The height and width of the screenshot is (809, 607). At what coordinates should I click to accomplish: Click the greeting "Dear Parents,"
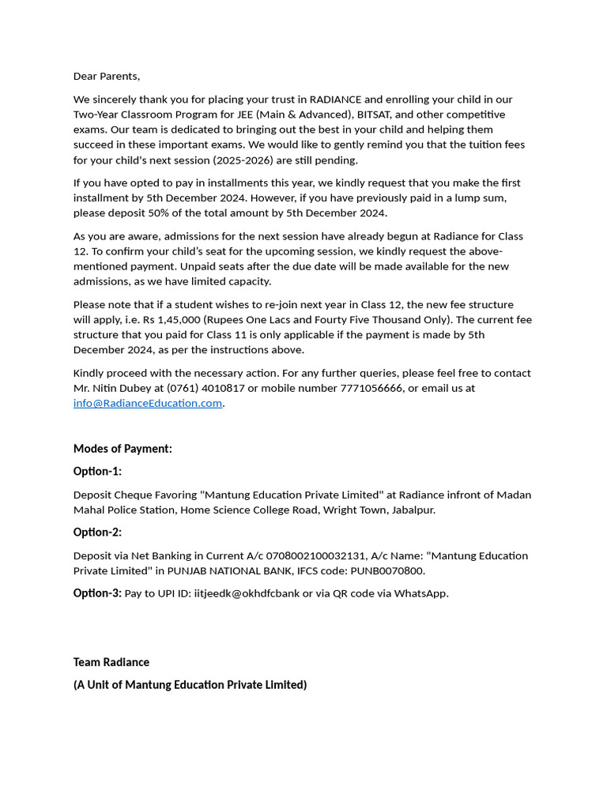pyautogui.click(x=107, y=77)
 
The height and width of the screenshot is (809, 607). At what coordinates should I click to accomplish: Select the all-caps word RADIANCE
pyautogui.click(x=335, y=100)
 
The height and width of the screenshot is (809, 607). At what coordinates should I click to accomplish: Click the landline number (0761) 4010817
pyautogui.click(x=205, y=389)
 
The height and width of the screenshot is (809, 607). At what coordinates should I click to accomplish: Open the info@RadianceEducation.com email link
pyautogui.click(x=148, y=404)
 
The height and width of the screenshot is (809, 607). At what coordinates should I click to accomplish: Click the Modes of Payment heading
pyautogui.click(x=123, y=449)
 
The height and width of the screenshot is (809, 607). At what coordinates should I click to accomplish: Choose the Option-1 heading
pyautogui.click(x=97, y=472)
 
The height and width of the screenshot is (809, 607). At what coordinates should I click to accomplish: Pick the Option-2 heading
pyautogui.click(x=97, y=532)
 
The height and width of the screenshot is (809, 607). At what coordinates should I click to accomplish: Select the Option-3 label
pyautogui.click(x=97, y=593)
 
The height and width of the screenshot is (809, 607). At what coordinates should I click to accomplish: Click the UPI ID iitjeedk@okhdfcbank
pyautogui.click(x=247, y=594)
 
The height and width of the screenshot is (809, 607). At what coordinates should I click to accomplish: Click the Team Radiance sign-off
pyautogui.click(x=111, y=662)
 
